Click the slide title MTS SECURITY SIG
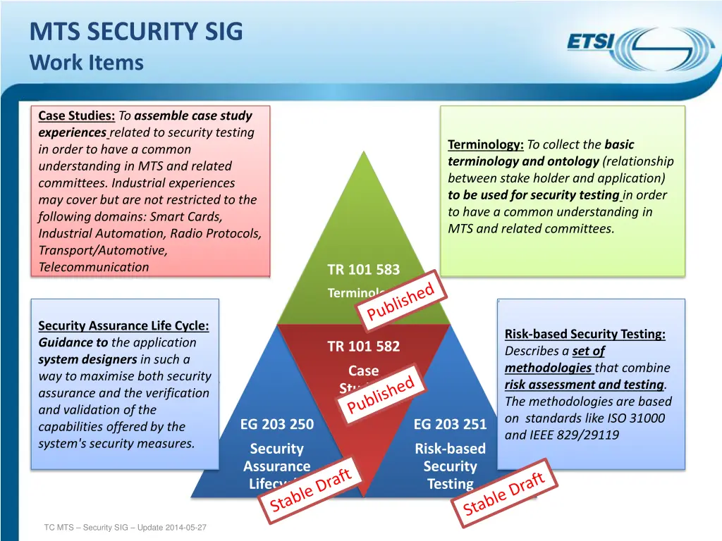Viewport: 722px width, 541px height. click(136, 32)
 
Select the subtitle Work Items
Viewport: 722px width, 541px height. click(87, 63)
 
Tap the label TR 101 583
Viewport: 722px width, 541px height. click(363, 270)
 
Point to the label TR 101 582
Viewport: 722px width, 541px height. click(363, 346)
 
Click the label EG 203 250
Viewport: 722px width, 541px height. click(276, 424)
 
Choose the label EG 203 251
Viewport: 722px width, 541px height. click(450, 424)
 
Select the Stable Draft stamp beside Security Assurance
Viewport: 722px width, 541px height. click(311, 490)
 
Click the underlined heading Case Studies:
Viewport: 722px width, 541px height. click(77, 116)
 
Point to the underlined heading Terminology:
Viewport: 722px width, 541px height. click(486, 144)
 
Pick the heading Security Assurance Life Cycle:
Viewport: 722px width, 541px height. click(123, 325)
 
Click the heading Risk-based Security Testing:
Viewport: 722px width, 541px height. click(585, 334)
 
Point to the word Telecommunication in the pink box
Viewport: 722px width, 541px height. click(94, 267)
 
